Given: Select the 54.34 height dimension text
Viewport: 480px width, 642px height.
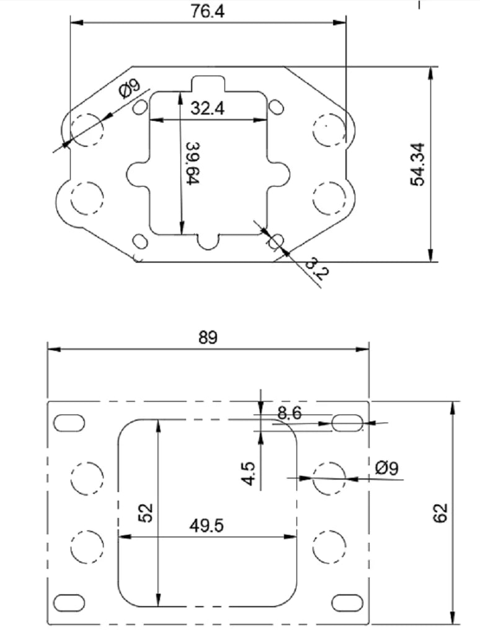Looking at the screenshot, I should click(x=418, y=164).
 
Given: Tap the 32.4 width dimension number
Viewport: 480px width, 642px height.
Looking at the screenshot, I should click(x=208, y=108).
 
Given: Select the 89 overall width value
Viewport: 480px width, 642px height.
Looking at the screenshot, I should click(x=208, y=338).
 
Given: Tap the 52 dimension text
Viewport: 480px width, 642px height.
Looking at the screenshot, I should click(x=146, y=512).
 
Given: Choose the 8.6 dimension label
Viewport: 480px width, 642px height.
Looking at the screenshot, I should click(x=289, y=413).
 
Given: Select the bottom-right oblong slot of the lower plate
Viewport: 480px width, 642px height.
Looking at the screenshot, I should click(x=347, y=602).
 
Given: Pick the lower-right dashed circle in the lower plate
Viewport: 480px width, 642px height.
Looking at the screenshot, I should click(x=329, y=548).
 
